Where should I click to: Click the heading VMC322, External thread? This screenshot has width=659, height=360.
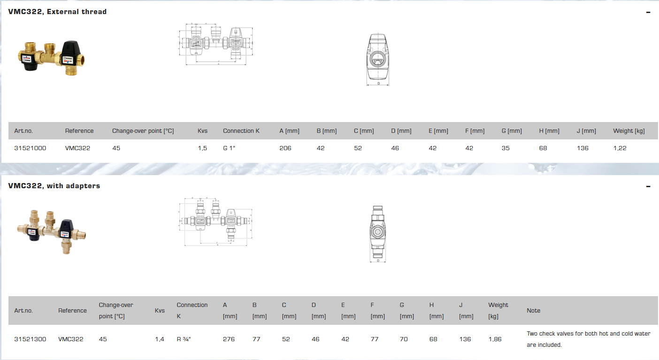[x=57, y=12]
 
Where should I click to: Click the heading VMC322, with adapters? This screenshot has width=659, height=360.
[x=54, y=186]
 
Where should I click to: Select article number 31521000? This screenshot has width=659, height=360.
[x=30, y=148]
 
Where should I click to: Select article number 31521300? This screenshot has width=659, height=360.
[x=30, y=339]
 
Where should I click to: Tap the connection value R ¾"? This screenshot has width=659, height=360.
[x=184, y=339]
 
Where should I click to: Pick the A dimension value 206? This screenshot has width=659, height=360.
[x=285, y=148]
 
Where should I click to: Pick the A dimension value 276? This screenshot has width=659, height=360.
[x=229, y=339]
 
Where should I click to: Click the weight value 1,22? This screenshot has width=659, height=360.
[x=620, y=148]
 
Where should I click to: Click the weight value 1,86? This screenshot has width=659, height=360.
[x=495, y=339]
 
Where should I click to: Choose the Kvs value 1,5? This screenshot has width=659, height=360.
[x=202, y=148]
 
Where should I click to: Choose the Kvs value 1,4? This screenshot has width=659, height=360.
[x=160, y=339]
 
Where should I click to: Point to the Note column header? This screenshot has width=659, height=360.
[x=533, y=311]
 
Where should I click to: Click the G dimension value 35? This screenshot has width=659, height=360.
[x=505, y=148]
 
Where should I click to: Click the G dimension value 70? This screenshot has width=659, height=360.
[x=404, y=339]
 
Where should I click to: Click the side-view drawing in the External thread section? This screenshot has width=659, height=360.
[x=378, y=60]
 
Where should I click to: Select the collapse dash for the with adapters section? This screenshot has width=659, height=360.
[x=648, y=186]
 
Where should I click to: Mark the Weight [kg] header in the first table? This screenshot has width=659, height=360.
[x=628, y=131]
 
